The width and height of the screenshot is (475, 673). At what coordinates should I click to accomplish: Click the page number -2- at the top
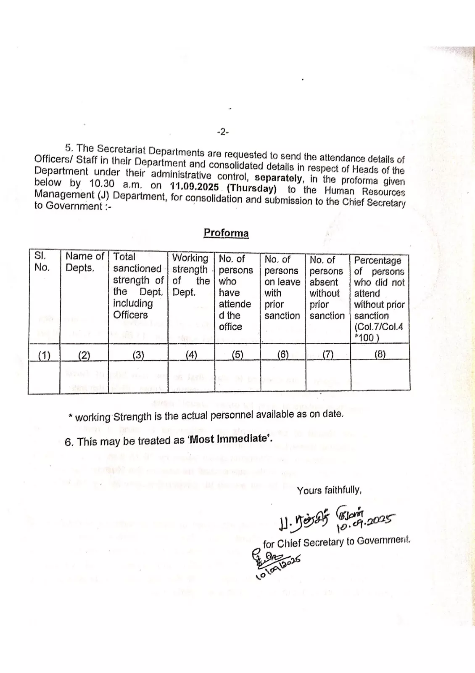point(223,132)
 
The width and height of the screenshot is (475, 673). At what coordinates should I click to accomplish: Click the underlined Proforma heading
point(226,233)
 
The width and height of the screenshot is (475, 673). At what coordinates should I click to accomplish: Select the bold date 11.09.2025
point(195,186)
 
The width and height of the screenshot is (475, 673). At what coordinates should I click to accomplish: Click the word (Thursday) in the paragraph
point(251,188)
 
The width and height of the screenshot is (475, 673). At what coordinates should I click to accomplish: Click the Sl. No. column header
point(42,262)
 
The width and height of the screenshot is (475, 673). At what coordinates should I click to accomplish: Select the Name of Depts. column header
point(84,262)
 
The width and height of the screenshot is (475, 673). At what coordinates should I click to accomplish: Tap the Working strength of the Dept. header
point(190,275)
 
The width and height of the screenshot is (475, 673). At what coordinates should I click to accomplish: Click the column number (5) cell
point(237,355)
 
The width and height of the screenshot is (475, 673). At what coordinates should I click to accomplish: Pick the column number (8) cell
point(380,354)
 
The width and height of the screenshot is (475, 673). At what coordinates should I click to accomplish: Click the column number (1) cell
point(44,355)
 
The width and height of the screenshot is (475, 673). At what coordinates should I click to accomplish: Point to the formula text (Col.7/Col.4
point(379,327)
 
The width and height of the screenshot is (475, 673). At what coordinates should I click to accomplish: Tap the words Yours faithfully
point(329,490)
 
